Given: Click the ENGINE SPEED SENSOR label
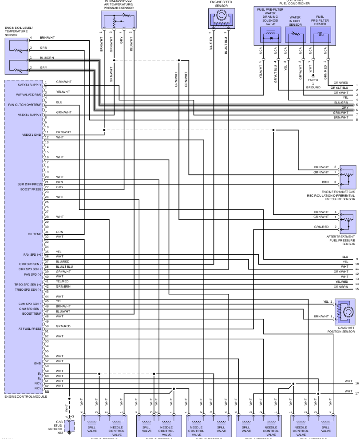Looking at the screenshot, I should tap(221, 4).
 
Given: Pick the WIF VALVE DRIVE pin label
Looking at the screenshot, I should tap(30, 94).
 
